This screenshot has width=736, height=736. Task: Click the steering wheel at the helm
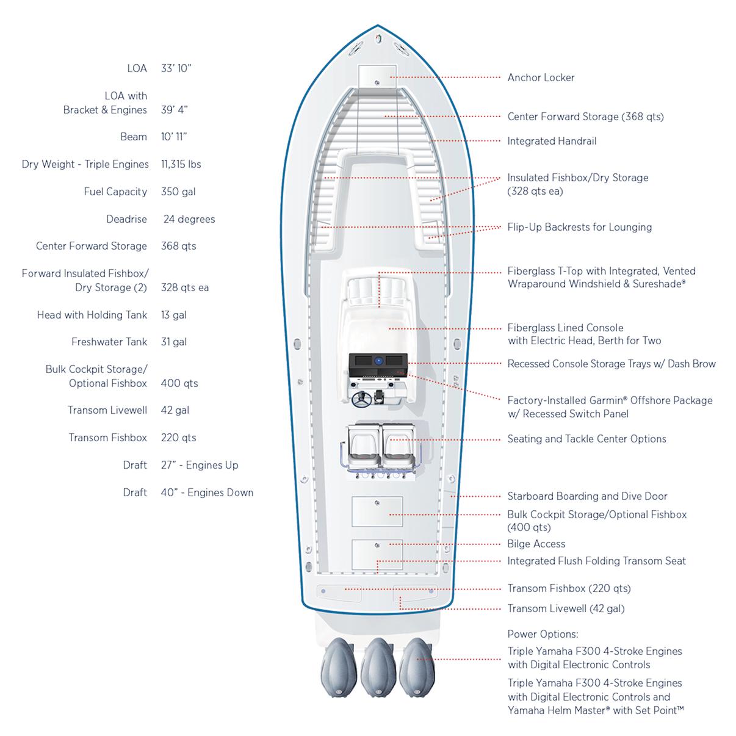pos(361,399)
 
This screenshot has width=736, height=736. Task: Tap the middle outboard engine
pos(378,668)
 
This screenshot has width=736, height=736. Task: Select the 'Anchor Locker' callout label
pos(541,78)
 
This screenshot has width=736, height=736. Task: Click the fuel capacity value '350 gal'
pos(178,192)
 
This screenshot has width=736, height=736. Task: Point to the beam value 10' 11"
pos(174,137)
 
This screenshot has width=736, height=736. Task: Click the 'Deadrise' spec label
pos(126,219)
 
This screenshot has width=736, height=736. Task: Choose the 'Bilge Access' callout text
pos(536,544)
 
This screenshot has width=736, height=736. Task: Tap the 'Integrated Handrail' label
pos(552,141)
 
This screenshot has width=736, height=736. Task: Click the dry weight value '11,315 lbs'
pos(181,164)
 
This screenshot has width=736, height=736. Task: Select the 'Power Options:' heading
pos(543,634)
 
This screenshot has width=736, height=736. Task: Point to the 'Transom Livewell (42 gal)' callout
pos(566,608)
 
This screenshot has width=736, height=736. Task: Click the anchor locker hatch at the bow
pos(377,76)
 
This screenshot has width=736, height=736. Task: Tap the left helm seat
pos(364,444)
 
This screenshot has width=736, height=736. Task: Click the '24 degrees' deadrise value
pos(189,219)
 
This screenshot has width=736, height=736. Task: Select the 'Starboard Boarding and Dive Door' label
pos(587,496)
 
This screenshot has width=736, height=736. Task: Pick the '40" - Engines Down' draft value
pos(207,492)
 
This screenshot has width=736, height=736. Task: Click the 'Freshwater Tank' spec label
pos(109,342)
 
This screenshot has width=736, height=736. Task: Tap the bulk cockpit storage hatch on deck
pos(377,511)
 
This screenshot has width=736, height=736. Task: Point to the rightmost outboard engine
pos(417,666)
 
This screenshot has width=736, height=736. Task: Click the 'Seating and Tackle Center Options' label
pos(586,439)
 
